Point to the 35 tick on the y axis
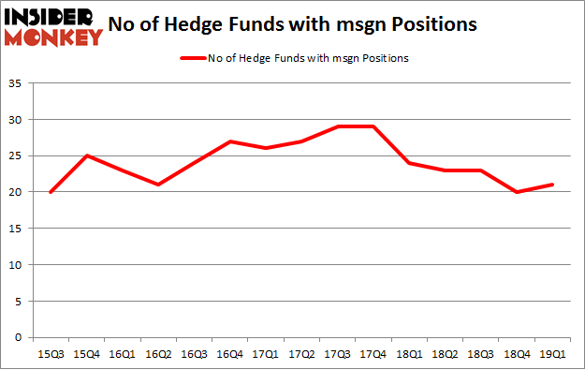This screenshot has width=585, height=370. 18,84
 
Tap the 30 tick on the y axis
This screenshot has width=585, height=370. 18,121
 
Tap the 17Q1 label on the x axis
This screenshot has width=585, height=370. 268,353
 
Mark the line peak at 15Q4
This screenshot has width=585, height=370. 85,156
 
